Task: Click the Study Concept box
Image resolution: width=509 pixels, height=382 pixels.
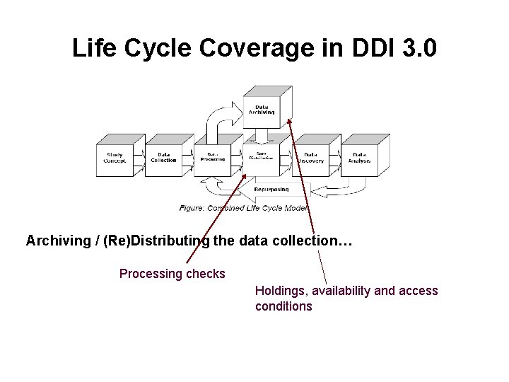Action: pyautogui.click(x=115, y=158)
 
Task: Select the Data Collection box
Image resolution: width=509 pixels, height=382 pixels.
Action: pyautogui.click(x=163, y=158)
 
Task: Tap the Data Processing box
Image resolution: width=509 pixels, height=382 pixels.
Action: pyautogui.click(x=212, y=158)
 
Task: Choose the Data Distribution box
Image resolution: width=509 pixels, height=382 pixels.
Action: pyautogui.click(x=261, y=158)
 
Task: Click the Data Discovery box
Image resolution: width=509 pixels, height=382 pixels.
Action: pyautogui.click(x=310, y=158)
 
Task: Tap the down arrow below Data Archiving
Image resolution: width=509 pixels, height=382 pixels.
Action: pyautogui.click(x=261, y=134)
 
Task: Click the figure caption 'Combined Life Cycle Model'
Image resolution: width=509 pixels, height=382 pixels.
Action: pyautogui.click(x=244, y=208)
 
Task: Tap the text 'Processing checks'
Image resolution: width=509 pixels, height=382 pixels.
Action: pyautogui.click(x=172, y=274)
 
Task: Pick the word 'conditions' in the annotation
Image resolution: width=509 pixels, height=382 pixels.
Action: pyautogui.click(x=283, y=306)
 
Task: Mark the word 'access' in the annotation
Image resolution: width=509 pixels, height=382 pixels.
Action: pyautogui.click(x=419, y=291)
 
